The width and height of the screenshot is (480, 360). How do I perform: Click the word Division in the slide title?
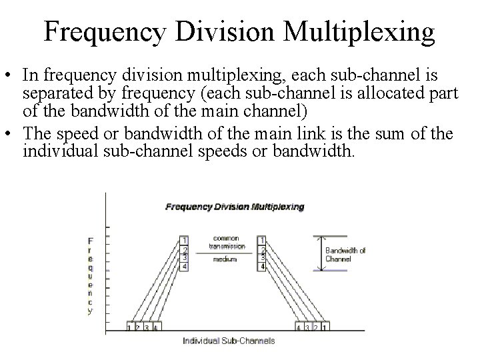[x=227, y=31]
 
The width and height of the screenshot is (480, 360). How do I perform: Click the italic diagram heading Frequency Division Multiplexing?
[x=235, y=207]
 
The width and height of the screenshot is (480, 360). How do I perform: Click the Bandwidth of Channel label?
[x=345, y=255]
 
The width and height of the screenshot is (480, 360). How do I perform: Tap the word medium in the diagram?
[x=225, y=260]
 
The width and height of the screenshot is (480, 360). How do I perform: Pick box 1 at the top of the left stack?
[x=185, y=240]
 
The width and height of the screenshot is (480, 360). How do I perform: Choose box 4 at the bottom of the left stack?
[x=185, y=267]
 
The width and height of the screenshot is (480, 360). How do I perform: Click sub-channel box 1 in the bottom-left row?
[x=129, y=327]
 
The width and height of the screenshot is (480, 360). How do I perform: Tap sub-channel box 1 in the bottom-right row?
[x=325, y=327]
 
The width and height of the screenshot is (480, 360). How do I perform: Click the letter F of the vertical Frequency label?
[x=91, y=240]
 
